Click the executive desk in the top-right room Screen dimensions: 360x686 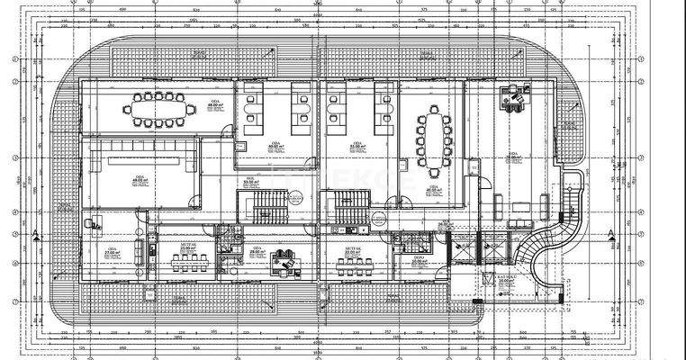(514, 100)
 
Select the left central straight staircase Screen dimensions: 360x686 (268, 210)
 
